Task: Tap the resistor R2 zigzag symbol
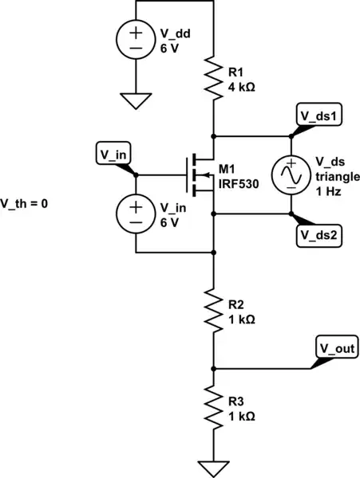[213, 310]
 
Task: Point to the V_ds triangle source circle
[291, 174]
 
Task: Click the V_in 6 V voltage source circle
[136, 213]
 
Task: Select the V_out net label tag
[338, 348]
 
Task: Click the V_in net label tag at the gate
[112, 153]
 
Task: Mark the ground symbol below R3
[213, 468]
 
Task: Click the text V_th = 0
[25, 203]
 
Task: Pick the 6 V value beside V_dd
[169, 45]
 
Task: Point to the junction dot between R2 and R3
[213, 369]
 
